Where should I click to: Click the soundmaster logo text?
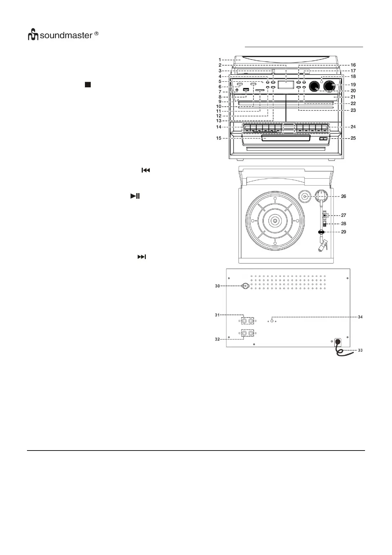point(66,35)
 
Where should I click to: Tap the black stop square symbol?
point(88,85)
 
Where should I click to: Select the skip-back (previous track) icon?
point(145,170)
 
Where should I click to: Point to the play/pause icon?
point(135,196)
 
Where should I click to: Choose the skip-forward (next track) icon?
point(141,257)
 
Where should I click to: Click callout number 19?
point(353,85)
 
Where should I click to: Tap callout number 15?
point(219,138)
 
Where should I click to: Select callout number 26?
point(343,196)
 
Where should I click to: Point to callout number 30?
point(217,286)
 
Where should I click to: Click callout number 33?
point(360,350)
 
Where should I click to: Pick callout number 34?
point(360,317)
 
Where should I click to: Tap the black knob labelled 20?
point(314,86)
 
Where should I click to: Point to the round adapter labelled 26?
point(305,197)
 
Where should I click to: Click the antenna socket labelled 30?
point(245,286)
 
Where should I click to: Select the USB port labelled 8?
point(246,90)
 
